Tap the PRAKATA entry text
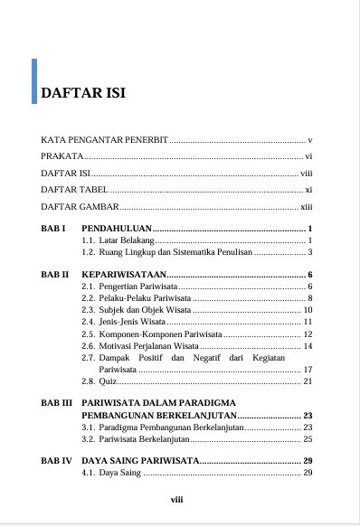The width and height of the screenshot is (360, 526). coord(60,156)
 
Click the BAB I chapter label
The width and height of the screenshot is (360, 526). coord(54,228)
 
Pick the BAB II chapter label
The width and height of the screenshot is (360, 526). coord(56,274)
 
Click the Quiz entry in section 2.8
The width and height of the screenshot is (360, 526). coord(108,381)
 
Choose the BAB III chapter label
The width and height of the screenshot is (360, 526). coord(58,401)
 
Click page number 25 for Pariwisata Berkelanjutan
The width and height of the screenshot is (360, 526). coord(308,439)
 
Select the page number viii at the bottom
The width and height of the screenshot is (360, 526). coord(178,496)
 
